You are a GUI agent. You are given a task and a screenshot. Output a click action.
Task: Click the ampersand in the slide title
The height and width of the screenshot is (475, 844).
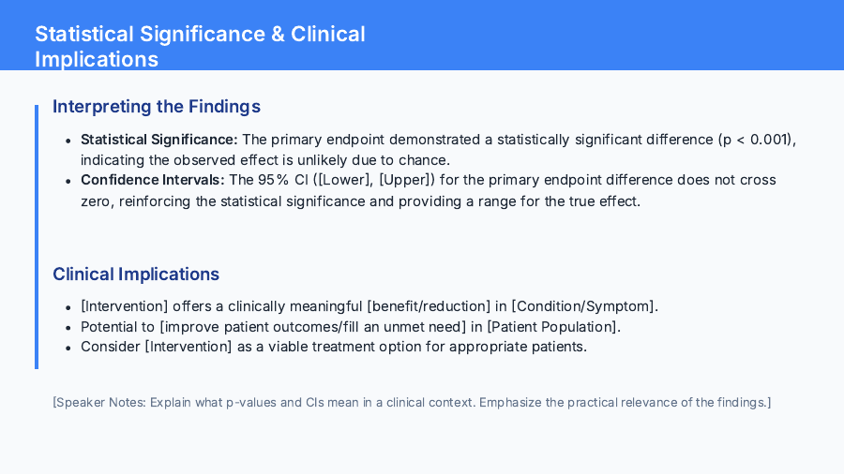pos(278,35)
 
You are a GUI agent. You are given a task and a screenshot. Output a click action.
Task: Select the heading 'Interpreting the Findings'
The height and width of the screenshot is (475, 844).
pos(157,107)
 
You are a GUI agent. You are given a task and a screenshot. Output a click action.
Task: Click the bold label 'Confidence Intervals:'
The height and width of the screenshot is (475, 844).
pos(153,180)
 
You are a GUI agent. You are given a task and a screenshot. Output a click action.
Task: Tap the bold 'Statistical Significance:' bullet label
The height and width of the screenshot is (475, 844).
pos(159,140)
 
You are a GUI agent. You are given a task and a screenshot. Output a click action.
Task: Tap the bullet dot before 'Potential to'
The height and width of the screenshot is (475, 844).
pos(68,327)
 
